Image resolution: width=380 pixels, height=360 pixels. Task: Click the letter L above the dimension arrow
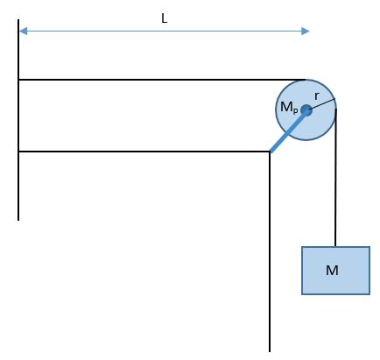[165, 18]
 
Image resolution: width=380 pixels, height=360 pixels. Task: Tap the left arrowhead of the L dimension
[23, 32]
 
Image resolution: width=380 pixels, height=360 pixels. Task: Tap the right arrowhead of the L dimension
[305, 32]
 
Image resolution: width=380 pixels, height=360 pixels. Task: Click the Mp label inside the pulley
[289, 107]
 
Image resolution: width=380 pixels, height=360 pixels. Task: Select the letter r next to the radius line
[317, 95]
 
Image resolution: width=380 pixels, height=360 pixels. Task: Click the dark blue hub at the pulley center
[306, 110]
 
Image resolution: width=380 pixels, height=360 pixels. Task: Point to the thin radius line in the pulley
[320, 105]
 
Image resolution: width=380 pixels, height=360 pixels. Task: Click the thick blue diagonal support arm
[288, 131]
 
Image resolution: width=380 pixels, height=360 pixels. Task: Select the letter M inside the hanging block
[332, 271]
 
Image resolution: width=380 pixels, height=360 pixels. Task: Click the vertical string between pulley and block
[335, 178]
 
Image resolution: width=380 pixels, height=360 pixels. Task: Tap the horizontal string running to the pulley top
[162, 80]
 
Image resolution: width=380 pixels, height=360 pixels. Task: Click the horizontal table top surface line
[144, 152]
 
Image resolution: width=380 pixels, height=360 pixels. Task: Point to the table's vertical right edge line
[270, 251]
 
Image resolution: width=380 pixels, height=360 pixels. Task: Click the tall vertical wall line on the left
[18, 120]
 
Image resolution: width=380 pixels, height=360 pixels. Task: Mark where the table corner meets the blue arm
[270, 152]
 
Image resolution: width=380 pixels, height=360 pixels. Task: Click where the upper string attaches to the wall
[18, 80]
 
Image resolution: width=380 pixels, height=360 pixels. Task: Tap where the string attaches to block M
[335, 247]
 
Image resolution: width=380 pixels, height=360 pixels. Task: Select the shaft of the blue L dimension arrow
[164, 32]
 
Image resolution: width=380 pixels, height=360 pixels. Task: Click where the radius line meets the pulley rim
[335, 99]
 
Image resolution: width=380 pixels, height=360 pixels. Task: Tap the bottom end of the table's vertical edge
[270, 351]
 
